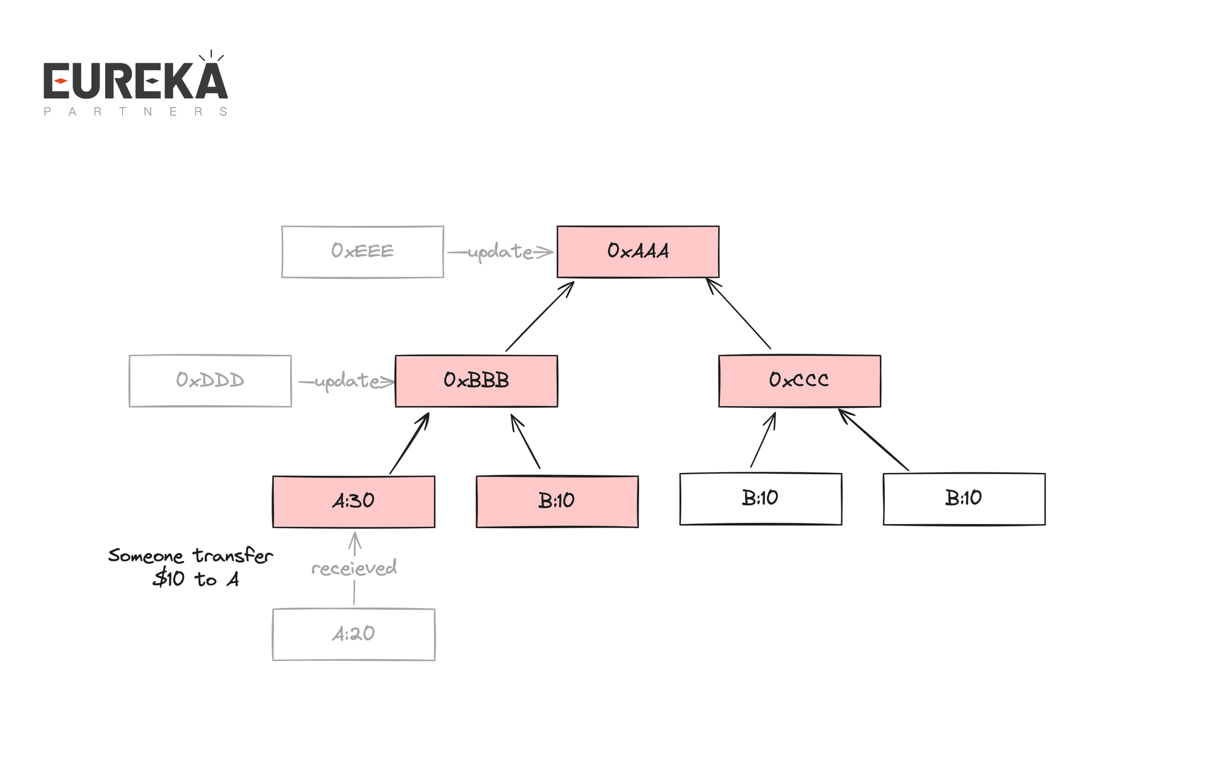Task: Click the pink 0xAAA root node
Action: pyautogui.click(x=638, y=251)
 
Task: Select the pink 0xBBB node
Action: pyautogui.click(x=476, y=381)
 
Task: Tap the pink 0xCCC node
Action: pyautogui.click(x=799, y=380)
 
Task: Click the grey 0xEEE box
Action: pyautogui.click(x=363, y=251)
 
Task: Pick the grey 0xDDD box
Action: pyautogui.click(x=210, y=381)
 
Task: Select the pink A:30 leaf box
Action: pyautogui.click(x=353, y=501)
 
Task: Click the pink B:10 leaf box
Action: pyautogui.click(x=557, y=501)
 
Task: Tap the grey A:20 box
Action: pyautogui.click(x=353, y=634)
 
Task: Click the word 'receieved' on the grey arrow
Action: pyautogui.click(x=354, y=568)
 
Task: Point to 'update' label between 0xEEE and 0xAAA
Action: pyautogui.click(x=500, y=252)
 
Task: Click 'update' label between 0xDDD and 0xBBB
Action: pyautogui.click(x=347, y=381)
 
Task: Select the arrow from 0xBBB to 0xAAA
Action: pyautogui.click(x=540, y=317)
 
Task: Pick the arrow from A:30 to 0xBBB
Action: pyautogui.click(x=409, y=444)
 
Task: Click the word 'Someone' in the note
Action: pyautogui.click(x=146, y=556)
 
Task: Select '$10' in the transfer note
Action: pyautogui.click(x=169, y=579)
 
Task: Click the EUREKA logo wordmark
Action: pyautogui.click(x=135, y=82)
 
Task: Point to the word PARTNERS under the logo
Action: pyautogui.click(x=135, y=112)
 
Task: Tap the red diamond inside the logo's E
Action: pyautogui.click(x=60, y=81)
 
